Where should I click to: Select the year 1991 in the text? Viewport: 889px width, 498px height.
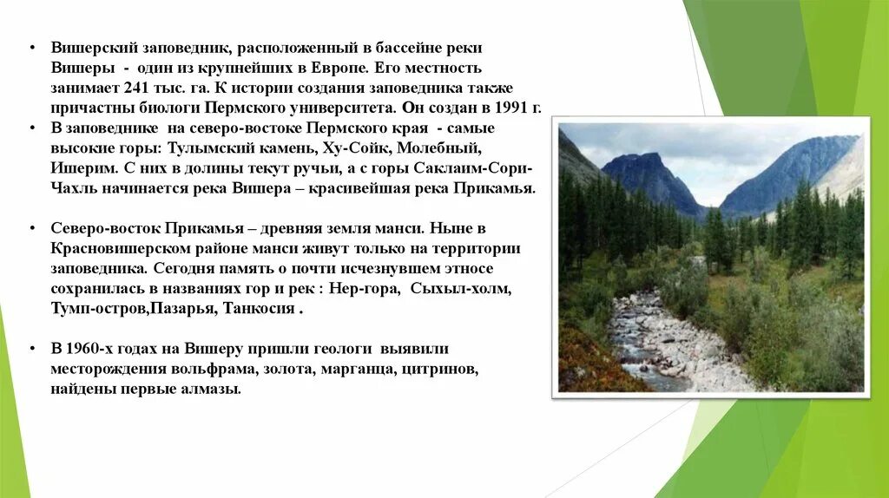(505, 108)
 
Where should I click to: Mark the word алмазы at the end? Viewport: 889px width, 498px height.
(211, 390)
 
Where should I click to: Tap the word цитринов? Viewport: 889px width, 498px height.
(444, 370)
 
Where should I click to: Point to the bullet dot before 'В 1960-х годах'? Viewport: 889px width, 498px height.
(30, 349)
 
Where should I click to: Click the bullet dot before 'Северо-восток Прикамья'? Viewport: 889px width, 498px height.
(30, 228)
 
